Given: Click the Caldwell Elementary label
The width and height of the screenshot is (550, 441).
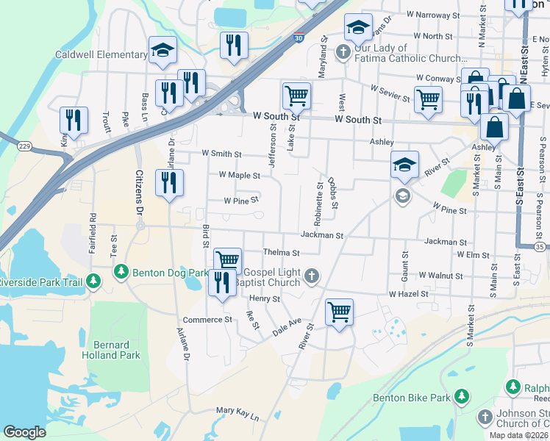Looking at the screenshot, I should [x=101, y=54].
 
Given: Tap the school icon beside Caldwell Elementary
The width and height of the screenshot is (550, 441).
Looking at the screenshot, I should [x=162, y=51].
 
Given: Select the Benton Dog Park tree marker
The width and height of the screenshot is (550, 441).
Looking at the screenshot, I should [x=121, y=273].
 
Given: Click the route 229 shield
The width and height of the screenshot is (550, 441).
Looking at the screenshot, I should [x=24, y=147].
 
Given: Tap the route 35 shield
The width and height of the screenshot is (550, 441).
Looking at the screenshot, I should [x=540, y=248].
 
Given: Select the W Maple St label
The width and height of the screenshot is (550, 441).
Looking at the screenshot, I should [x=240, y=176].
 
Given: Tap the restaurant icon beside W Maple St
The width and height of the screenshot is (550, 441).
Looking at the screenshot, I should [x=169, y=184].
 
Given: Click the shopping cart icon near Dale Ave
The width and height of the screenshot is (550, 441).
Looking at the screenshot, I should [x=339, y=312].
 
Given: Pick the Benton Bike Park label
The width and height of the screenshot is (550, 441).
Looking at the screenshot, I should [x=411, y=398].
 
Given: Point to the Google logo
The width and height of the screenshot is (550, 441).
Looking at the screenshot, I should [x=24, y=432].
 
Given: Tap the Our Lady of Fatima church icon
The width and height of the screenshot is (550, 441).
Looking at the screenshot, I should [x=343, y=52].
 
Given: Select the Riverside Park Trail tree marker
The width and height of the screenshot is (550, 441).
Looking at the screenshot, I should [x=93, y=282].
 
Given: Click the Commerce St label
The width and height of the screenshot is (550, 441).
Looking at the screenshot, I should [x=207, y=320].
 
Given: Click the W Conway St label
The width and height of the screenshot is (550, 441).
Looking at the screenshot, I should [x=438, y=77].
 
